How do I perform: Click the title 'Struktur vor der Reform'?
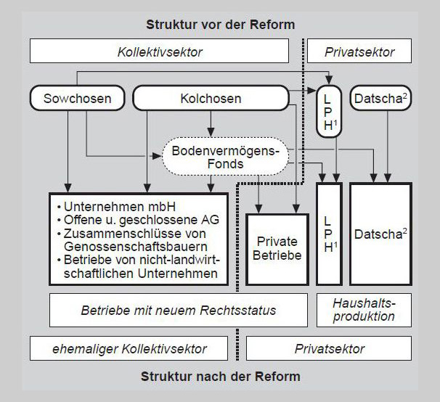coord(220,24)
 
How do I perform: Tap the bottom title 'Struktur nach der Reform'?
coord(220,377)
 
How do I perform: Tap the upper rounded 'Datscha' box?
coord(380,97)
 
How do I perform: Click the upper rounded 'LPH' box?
coord(330,111)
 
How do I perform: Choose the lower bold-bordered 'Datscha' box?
coord(380,234)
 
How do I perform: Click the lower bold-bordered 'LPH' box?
coord(330,232)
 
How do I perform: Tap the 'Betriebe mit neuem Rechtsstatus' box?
coord(179,310)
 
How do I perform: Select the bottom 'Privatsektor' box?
coord(329,349)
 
